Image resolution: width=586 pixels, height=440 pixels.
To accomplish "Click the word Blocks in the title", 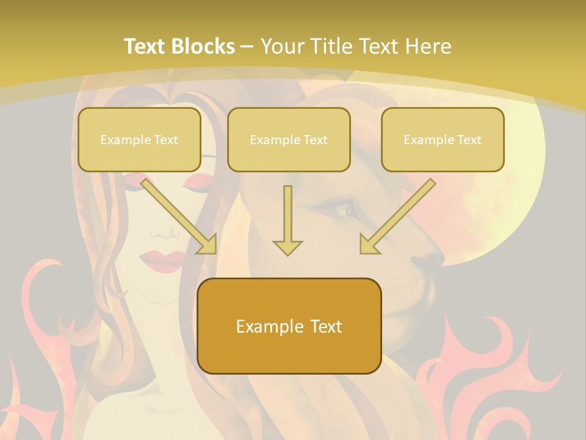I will [203, 46].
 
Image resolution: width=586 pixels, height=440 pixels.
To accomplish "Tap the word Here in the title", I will [429, 46].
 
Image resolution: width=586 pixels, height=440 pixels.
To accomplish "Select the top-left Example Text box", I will [139, 140].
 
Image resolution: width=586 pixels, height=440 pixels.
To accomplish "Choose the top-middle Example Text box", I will [289, 140].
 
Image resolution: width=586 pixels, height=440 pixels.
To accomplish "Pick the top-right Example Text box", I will [443, 140].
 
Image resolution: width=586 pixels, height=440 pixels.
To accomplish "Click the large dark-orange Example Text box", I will [289, 326].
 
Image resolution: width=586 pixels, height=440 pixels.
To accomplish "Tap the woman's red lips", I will [161, 259].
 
